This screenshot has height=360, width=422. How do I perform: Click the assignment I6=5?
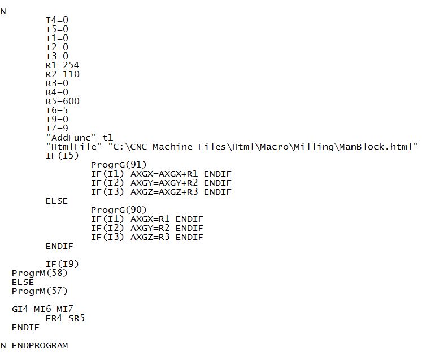click(56, 110)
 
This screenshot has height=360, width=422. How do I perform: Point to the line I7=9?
click(56, 128)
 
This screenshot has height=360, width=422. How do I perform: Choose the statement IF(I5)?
click(62, 155)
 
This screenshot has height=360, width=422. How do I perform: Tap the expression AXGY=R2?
click(150, 227)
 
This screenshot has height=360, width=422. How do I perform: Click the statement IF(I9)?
click(62, 264)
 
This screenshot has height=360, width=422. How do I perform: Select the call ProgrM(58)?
click(40, 273)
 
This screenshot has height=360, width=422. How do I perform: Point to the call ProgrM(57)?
click(40, 291)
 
